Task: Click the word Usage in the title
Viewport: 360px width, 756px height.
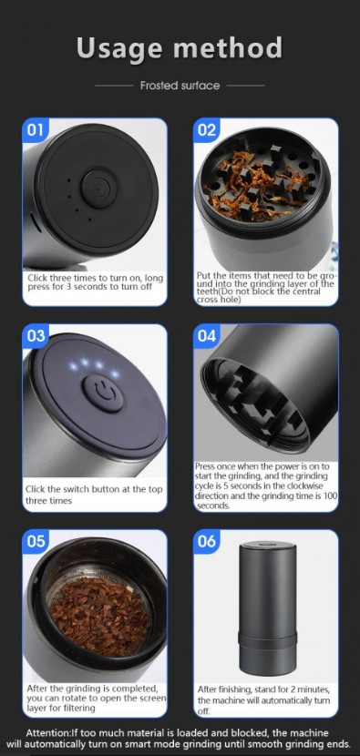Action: (x=114, y=48)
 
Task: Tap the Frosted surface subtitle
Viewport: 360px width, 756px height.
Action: (x=180, y=86)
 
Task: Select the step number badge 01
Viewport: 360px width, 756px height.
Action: (x=36, y=130)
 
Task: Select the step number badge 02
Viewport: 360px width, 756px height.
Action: (x=207, y=130)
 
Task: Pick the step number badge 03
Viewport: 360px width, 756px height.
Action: (x=36, y=336)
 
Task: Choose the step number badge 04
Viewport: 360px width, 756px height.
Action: (x=207, y=336)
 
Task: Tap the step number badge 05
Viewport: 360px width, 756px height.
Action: (x=36, y=541)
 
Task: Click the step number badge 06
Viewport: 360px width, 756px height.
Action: (x=207, y=541)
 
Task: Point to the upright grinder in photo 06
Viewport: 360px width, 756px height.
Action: (x=267, y=608)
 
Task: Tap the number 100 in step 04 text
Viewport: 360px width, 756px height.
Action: (x=331, y=496)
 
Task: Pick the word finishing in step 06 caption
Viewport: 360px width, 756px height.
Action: (x=237, y=690)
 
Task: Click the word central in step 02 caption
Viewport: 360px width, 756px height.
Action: (x=305, y=291)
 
